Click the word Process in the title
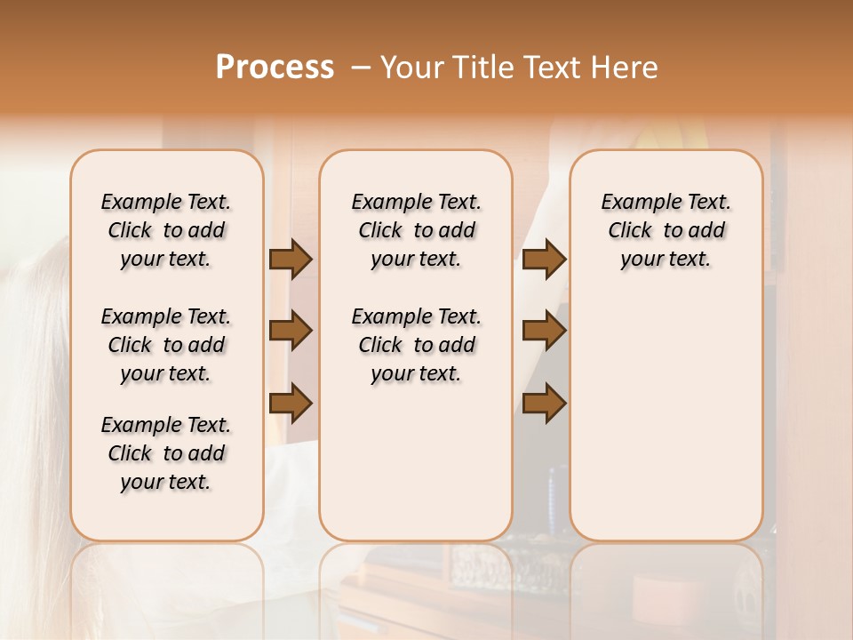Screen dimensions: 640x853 pyautogui.click(x=275, y=68)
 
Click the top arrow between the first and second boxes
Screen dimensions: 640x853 pyautogui.click(x=291, y=259)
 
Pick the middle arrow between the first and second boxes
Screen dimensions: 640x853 pyautogui.click(x=291, y=332)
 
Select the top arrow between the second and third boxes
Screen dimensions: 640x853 pyautogui.click(x=544, y=259)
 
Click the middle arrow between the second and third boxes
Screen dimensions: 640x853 pyautogui.click(x=544, y=332)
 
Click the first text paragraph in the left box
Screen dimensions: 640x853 pyautogui.click(x=166, y=230)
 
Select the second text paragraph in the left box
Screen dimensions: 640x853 pyautogui.click(x=166, y=345)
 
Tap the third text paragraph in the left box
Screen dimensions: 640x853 pyautogui.click(x=166, y=453)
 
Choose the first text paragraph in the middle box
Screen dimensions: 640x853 pyautogui.click(x=416, y=230)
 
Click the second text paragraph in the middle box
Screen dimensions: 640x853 pyautogui.click(x=416, y=345)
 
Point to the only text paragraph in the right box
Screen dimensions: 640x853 pyautogui.click(x=666, y=230)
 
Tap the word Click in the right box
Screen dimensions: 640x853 pyautogui.click(x=630, y=231)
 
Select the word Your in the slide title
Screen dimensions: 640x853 pyautogui.click(x=407, y=68)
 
